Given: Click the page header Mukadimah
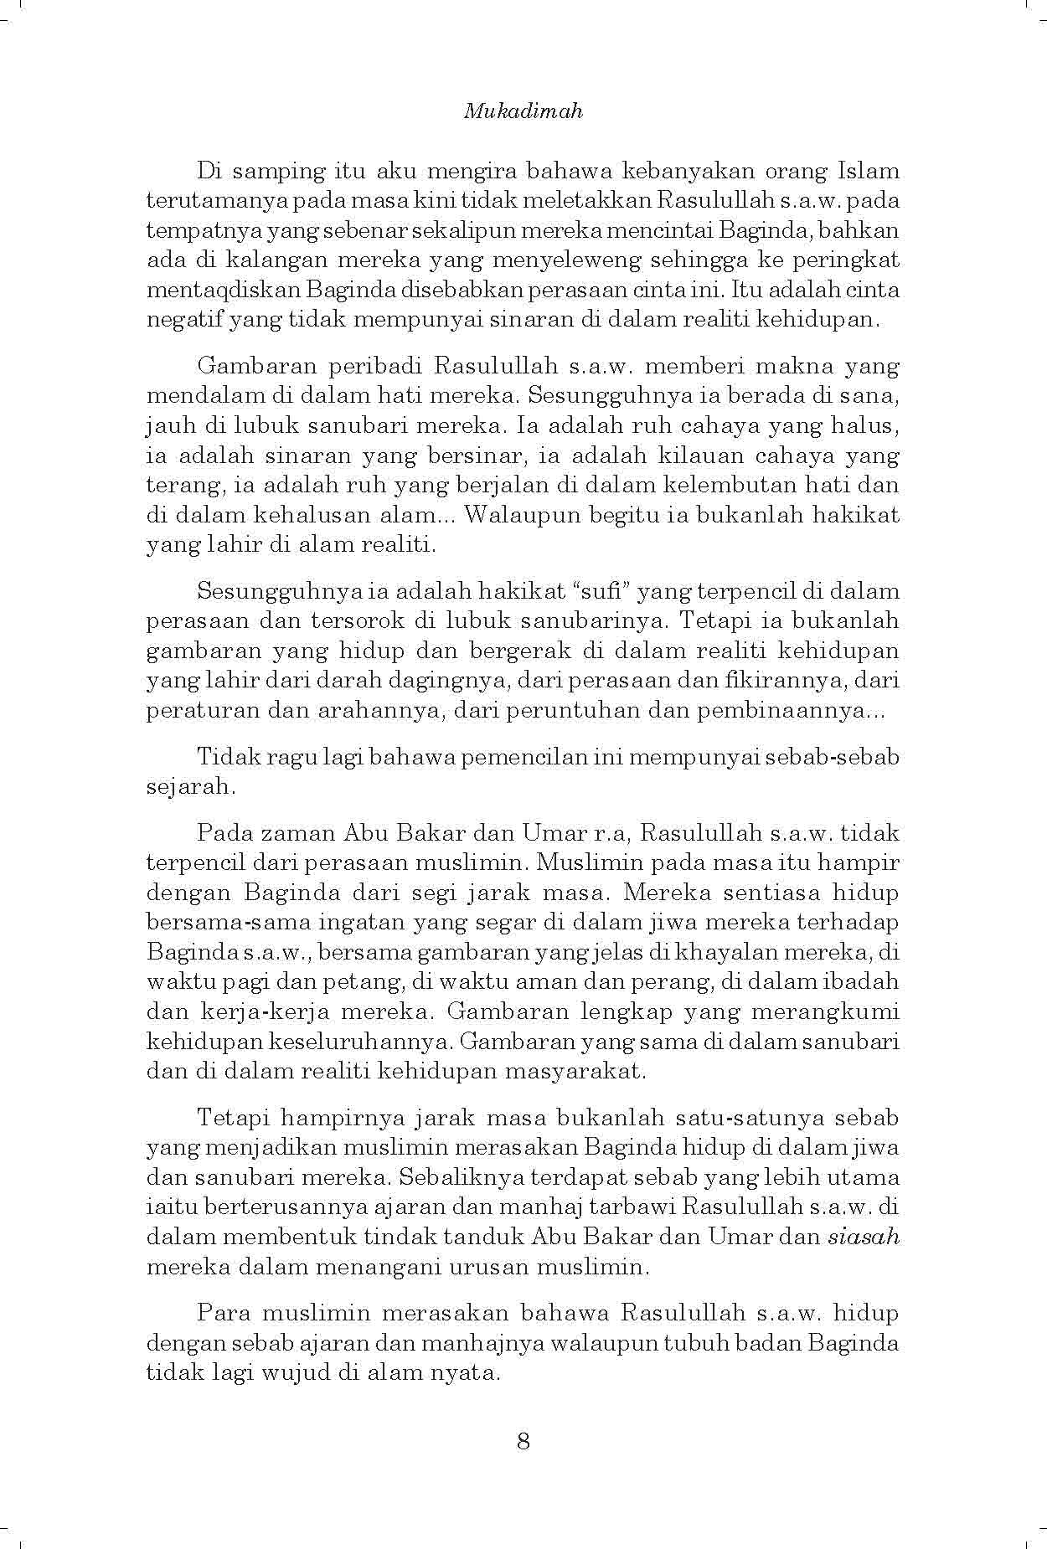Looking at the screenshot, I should click(x=523, y=112).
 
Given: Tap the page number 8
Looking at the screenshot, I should click(x=523, y=1441).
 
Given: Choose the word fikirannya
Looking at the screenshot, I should click(x=776, y=681).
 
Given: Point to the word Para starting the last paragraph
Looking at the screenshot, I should click(x=224, y=1313).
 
